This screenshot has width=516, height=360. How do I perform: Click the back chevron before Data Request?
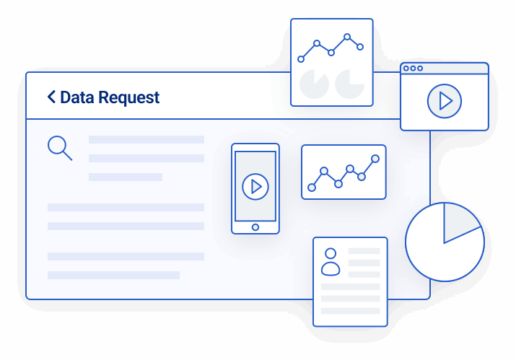click(51, 97)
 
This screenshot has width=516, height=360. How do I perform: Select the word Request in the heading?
click(131, 98)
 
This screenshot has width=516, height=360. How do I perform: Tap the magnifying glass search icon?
click(58, 146)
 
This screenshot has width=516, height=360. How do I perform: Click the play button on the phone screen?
click(255, 186)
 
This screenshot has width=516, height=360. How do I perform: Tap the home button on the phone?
click(255, 227)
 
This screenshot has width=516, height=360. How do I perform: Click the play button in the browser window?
click(444, 101)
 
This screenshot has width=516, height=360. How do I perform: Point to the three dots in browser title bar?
click(414, 69)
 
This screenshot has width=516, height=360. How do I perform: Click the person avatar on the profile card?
click(331, 262)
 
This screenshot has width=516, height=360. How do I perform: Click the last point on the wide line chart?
click(375, 158)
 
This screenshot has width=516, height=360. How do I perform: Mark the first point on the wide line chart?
click(312, 188)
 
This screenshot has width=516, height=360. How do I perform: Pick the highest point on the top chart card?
click(347, 36)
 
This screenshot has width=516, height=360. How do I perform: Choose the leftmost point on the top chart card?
click(301, 59)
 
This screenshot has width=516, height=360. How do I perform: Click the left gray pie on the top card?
click(312, 84)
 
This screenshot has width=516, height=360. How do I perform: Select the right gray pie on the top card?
click(350, 84)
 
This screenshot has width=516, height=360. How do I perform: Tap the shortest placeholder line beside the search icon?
click(126, 177)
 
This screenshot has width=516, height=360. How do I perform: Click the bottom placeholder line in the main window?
click(113, 275)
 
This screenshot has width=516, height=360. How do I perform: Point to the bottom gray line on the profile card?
click(350, 311)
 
